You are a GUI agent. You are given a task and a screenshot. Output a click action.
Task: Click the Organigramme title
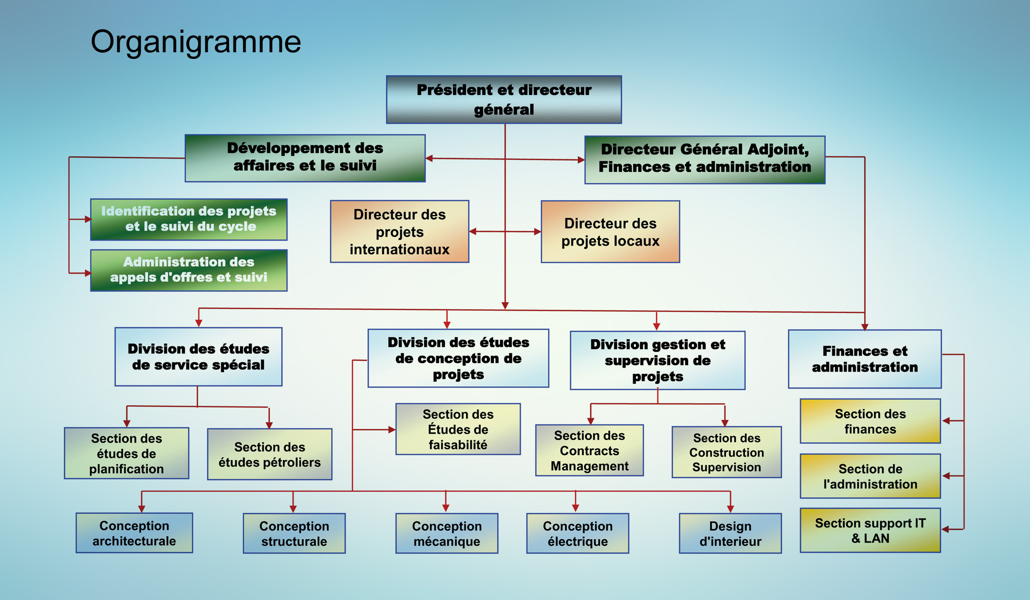[x=195, y=42]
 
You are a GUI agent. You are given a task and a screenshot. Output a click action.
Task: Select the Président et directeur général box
[x=504, y=100]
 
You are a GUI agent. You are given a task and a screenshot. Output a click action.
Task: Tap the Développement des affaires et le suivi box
[x=305, y=158]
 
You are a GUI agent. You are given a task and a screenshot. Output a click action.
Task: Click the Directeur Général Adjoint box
[x=704, y=159]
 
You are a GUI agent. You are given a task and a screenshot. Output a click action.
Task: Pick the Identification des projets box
[x=189, y=219]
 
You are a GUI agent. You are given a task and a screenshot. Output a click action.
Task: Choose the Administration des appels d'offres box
[x=189, y=270]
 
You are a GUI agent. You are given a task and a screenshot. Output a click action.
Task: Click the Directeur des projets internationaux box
[x=399, y=231]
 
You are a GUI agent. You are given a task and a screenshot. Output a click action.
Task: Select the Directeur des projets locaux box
[x=610, y=232]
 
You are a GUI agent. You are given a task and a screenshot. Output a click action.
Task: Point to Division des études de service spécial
[x=198, y=356]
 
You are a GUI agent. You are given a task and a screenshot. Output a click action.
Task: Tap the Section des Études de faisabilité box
[x=458, y=429]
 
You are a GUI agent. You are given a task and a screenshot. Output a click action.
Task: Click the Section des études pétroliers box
[x=270, y=454]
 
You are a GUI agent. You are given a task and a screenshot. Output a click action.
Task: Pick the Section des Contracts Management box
[x=589, y=450]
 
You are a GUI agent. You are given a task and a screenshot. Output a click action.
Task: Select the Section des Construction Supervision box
[x=726, y=452]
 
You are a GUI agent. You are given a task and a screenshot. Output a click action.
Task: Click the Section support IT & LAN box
[x=870, y=530]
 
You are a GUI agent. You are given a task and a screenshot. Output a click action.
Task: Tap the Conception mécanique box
[x=446, y=533]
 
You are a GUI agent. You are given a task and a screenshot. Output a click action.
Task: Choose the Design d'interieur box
[x=730, y=533]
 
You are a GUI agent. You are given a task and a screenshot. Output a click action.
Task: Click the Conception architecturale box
[x=134, y=533]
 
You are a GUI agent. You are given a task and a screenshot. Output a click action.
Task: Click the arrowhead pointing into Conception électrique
[x=575, y=508]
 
